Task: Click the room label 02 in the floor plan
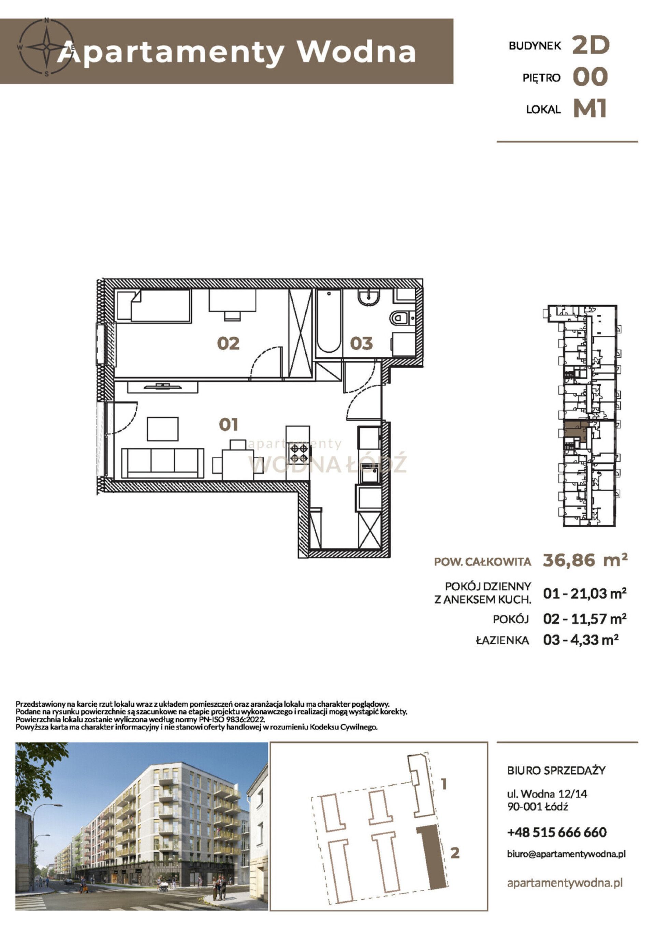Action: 228,343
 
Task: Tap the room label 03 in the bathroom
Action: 361,343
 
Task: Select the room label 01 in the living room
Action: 228,425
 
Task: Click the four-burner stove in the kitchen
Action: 299,453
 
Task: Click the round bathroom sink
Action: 368,298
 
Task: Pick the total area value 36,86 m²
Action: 585,560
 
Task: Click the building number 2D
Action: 591,45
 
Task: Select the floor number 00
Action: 590,77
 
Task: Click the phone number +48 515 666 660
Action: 557,832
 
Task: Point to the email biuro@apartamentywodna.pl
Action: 566,854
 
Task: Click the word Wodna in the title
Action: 356,52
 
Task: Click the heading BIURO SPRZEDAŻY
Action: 556,770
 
